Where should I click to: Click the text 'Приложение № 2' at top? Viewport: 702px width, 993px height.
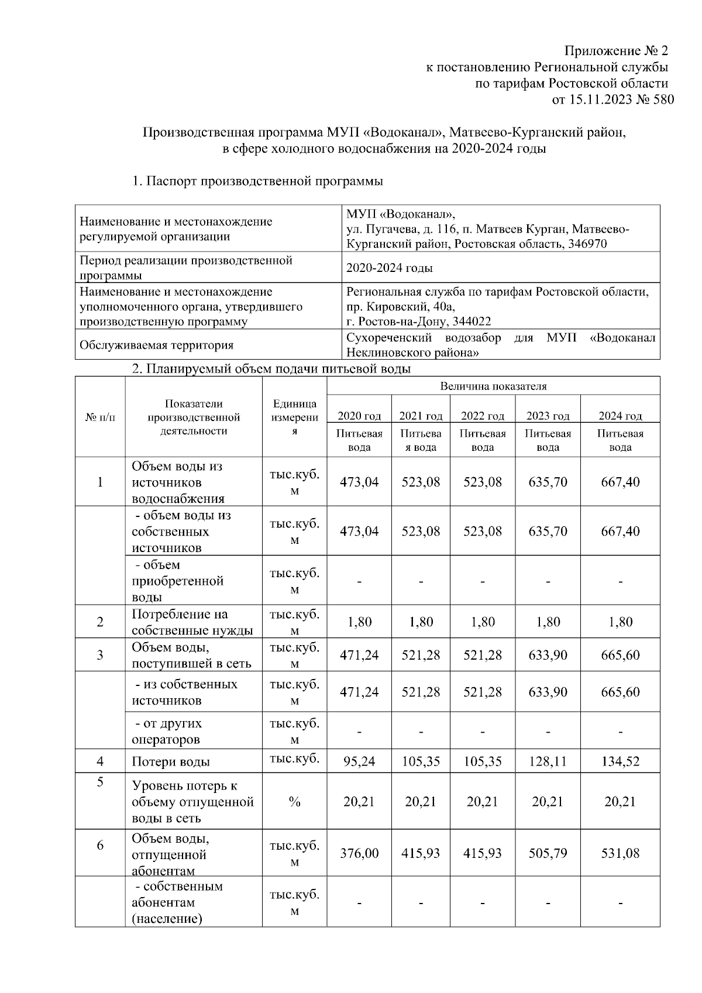click(x=615, y=50)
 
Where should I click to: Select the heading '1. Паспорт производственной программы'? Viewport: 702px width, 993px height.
click(x=257, y=181)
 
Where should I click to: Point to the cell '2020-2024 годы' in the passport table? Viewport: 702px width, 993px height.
click(x=390, y=268)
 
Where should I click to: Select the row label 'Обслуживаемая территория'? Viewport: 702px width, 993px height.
click(x=157, y=345)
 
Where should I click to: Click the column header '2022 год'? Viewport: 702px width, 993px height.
click(x=482, y=416)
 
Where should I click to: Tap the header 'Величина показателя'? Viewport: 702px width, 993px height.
click(x=493, y=386)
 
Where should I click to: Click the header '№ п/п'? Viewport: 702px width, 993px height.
click(x=100, y=418)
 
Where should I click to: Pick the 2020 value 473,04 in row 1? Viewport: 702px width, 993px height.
click(x=359, y=482)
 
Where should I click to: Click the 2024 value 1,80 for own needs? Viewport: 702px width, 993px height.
click(x=620, y=622)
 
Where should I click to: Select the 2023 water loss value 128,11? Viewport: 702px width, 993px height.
click(x=548, y=761)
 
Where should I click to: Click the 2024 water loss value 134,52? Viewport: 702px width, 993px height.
click(x=620, y=761)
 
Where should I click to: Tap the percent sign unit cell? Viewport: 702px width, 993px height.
click(x=294, y=802)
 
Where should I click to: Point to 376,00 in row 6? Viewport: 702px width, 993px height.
click(x=359, y=853)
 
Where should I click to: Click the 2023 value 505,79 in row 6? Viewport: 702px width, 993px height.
click(x=548, y=853)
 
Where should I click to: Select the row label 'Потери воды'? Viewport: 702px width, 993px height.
click(x=171, y=762)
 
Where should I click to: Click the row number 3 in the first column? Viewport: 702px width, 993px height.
click(x=100, y=655)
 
